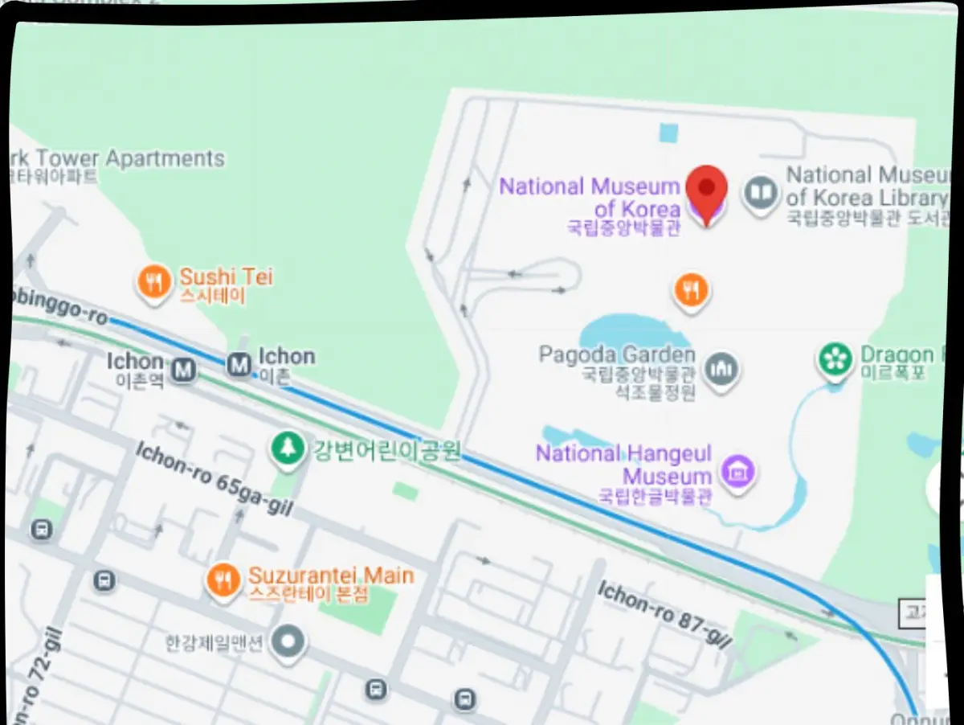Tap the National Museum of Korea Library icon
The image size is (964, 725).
[x=760, y=194]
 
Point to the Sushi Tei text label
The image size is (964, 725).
[x=226, y=277]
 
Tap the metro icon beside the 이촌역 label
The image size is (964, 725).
[x=184, y=370]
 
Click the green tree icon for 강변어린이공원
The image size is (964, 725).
[x=286, y=449]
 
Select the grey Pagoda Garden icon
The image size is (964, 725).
[x=721, y=369]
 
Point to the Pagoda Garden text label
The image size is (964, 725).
[x=616, y=354]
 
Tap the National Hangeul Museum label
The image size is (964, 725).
[x=623, y=464]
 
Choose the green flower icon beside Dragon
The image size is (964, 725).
[x=835, y=359]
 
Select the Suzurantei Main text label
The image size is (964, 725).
[x=331, y=575]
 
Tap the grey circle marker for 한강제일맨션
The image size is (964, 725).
[x=288, y=642]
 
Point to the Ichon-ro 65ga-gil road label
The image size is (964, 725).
[x=213, y=478]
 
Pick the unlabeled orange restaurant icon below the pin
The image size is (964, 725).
[x=691, y=289]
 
